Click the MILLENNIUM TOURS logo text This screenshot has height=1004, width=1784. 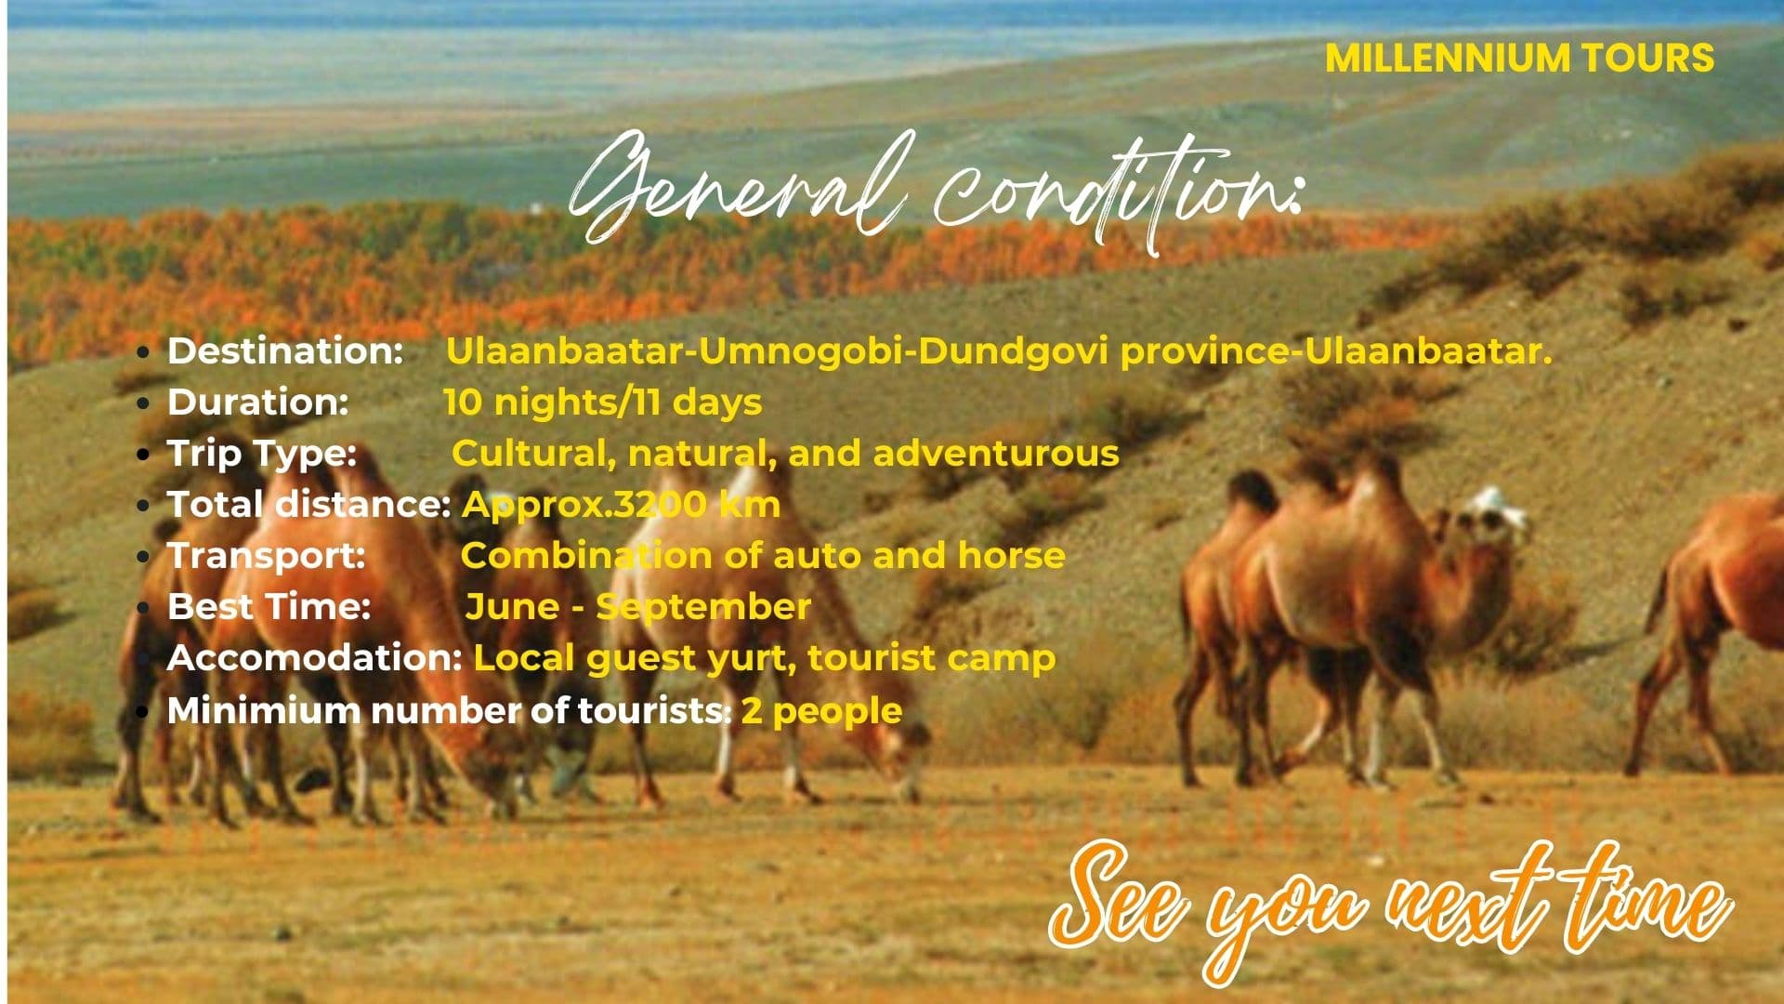(x=1519, y=58)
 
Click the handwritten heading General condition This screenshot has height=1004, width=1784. (x=934, y=191)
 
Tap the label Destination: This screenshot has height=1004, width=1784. (x=284, y=351)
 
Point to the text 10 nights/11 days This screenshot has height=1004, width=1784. (x=602, y=403)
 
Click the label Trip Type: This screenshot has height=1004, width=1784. (x=261, y=454)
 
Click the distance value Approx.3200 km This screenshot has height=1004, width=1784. (x=621, y=505)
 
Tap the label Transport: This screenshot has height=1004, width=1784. (x=266, y=556)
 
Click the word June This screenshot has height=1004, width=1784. (x=512, y=607)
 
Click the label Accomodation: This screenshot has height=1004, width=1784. (x=314, y=658)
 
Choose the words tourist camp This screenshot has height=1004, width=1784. (x=931, y=658)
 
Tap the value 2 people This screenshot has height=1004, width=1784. (x=821, y=711)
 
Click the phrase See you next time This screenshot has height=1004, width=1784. (x=1389, y=906)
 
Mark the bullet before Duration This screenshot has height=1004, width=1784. (x=142, y=403)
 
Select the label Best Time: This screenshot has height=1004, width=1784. (x=269, y=607)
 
